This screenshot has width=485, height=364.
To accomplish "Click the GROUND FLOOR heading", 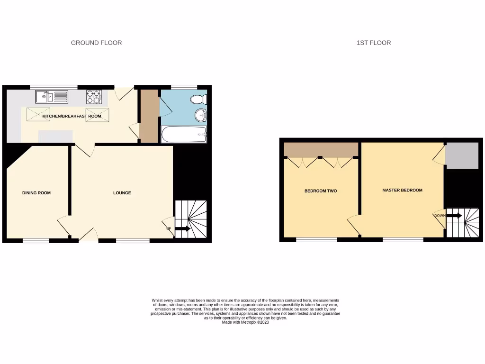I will coord(96,43).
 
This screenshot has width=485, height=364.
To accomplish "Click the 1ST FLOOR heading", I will coord(374,43).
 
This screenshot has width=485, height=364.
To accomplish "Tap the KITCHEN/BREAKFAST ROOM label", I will coord(72,116).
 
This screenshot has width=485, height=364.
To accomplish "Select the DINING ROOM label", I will coord(36,193).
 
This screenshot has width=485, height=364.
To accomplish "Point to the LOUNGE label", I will coord(122,193).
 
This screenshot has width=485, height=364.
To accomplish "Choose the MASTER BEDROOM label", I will coord(402,190).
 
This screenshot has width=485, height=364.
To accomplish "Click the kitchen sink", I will coord(52,97).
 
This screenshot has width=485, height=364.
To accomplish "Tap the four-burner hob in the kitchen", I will coord(94,97).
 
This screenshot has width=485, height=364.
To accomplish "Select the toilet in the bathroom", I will coord(198,99).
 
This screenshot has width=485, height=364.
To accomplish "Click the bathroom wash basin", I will coord(201,115).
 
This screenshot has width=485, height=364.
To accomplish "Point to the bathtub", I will coord(184,135).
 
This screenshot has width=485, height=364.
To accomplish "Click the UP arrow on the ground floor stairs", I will coord(182,229).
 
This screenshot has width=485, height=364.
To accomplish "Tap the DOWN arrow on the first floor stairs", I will coord(454,216).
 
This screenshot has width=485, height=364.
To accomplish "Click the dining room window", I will coord(36,241).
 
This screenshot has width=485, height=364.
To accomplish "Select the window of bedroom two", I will coord(317,240).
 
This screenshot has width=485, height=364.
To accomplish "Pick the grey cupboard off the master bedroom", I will coord(462,155).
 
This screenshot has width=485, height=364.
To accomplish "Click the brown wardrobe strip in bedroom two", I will coord(321,149).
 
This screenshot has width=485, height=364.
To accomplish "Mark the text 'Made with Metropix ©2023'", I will coord(245,322).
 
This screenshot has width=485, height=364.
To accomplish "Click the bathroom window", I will coord(184,87).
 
